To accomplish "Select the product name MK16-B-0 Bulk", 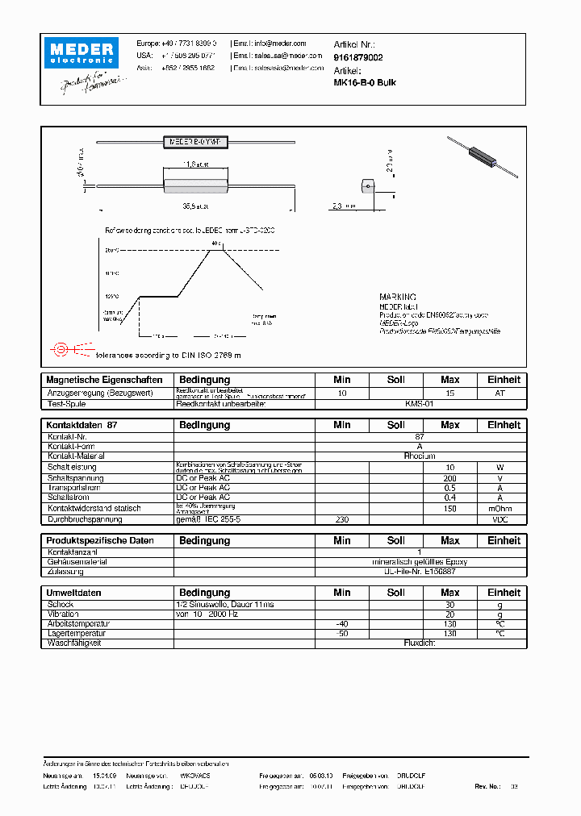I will [x=365, y=82].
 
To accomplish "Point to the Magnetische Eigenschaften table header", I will [x=104, y=380].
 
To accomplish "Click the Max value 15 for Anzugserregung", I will [x=449, y=393].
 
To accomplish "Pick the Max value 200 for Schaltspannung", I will [x=449, y=477].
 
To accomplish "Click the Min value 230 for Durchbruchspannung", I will [x=342, y=520].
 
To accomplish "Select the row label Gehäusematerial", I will [x=77, y=561].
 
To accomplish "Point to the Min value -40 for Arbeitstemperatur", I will [x=342, y=623].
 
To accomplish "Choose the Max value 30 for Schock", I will [x=449, y=604].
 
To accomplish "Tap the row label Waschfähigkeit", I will [x=74, y=643].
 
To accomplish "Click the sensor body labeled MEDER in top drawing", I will [x=197, y=141].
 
